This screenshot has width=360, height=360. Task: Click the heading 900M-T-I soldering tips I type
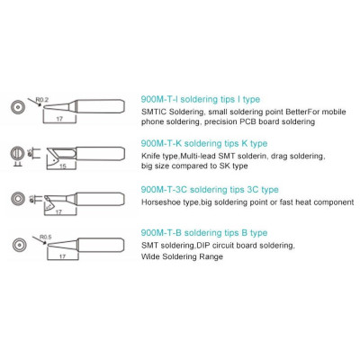(201, 99)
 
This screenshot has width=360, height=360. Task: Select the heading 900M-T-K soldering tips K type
(204, 143)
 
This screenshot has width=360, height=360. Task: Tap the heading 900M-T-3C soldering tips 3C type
(210, 190)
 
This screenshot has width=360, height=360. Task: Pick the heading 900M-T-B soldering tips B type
(204, 233)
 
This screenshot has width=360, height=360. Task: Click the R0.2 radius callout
(42, 100)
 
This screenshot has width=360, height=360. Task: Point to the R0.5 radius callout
(46, 237)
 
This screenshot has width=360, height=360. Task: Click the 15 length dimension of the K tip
(62, 166)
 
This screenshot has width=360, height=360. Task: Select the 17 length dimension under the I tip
(59, 119)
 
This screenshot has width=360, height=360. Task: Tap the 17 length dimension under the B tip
(62, 256)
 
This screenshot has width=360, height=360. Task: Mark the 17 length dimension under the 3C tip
(58, 212)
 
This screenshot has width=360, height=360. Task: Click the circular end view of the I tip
(17, 107)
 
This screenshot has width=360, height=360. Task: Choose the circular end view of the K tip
(17, 153)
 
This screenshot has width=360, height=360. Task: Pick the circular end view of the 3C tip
(18, 199)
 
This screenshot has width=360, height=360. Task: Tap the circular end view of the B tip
(20, 245)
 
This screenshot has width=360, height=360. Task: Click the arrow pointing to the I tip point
(34, 102)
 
